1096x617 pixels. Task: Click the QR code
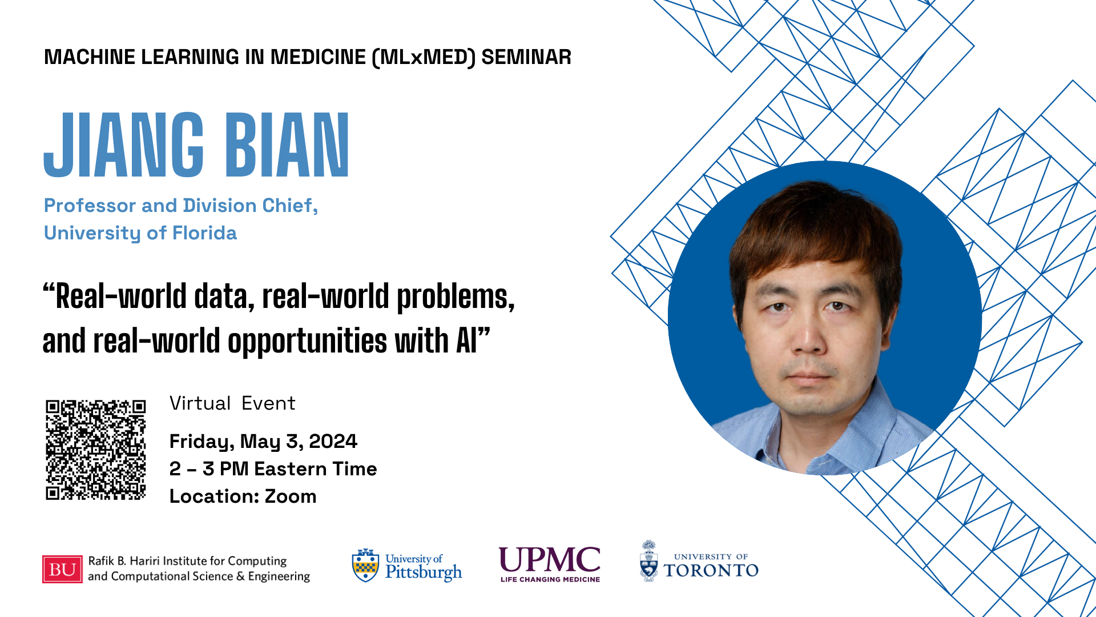click(x=96, y=450)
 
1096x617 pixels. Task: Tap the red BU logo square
click(x=62, y=569)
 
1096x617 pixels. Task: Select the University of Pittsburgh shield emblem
click(x=365, y=566)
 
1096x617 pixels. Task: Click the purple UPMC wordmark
click(x=550, y=559)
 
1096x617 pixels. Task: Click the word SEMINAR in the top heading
click(x=526, y=57)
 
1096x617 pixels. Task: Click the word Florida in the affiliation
click(x=204, y=233)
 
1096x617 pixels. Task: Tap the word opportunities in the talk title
click(x=308, y=342)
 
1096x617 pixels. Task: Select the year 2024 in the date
click(x=333, y=441)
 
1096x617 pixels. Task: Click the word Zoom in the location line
click(x=291, y=496)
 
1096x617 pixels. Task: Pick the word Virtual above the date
click(x=200, y=403)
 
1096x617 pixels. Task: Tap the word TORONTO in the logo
click(x=711, y=570)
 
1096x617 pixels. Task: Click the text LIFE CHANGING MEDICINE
click(x=550, y=579)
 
